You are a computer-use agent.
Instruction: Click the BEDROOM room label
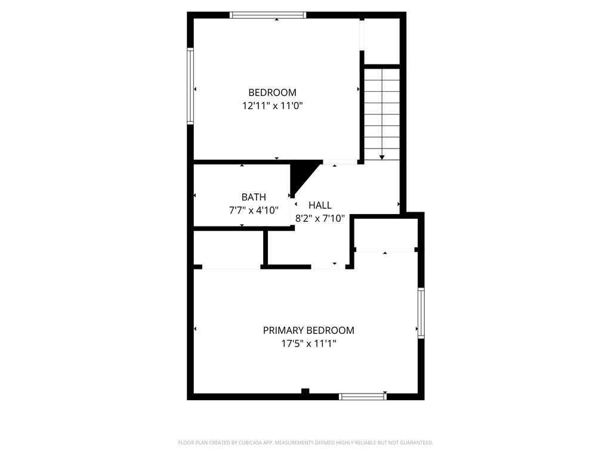272,92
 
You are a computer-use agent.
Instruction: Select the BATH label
254,197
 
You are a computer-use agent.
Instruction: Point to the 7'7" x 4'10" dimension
254,210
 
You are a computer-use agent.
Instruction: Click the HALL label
320,205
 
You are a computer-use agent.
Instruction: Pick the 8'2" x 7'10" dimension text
320,218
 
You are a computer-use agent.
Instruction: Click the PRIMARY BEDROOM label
308,330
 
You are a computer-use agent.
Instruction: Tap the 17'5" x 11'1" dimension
308,343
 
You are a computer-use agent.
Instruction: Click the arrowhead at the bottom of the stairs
382,157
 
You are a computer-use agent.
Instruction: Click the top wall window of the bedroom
268,15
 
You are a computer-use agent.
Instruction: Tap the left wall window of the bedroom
190,86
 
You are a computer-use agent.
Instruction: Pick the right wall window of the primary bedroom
421,313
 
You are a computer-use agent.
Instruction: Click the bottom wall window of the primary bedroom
362,396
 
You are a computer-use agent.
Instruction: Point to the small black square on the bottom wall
305,391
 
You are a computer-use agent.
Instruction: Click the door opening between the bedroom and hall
340,162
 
